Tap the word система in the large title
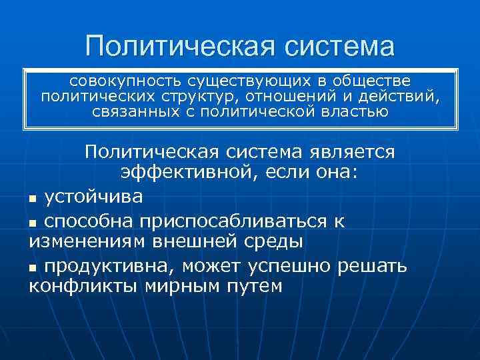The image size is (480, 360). click(340, 46)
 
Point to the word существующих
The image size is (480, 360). click(250, 81)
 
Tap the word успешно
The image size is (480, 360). click(297, 267)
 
